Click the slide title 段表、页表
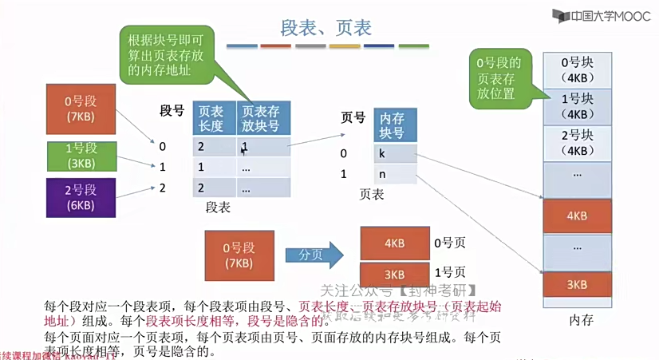point(326,28)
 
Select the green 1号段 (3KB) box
point(81,155)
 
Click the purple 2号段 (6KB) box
point(81,197)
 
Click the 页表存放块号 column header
point(262,118)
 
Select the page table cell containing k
point(393,153)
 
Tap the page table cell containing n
point(393,174)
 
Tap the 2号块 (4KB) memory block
point(576,143)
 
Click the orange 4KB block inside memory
point(576,216)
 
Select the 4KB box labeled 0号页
point(394,242)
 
